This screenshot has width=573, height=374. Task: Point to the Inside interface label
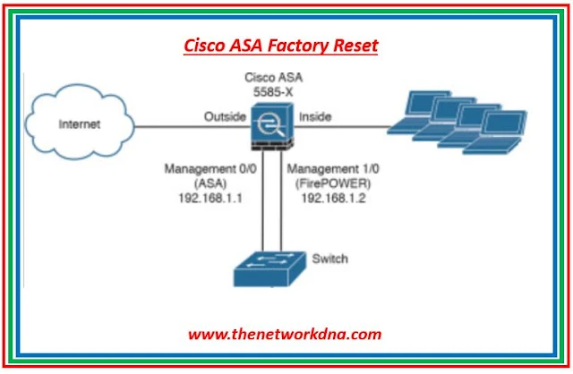point(315,115)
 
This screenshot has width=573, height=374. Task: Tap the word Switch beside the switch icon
point(330,259)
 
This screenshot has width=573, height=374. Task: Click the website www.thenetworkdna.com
point(284,334)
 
